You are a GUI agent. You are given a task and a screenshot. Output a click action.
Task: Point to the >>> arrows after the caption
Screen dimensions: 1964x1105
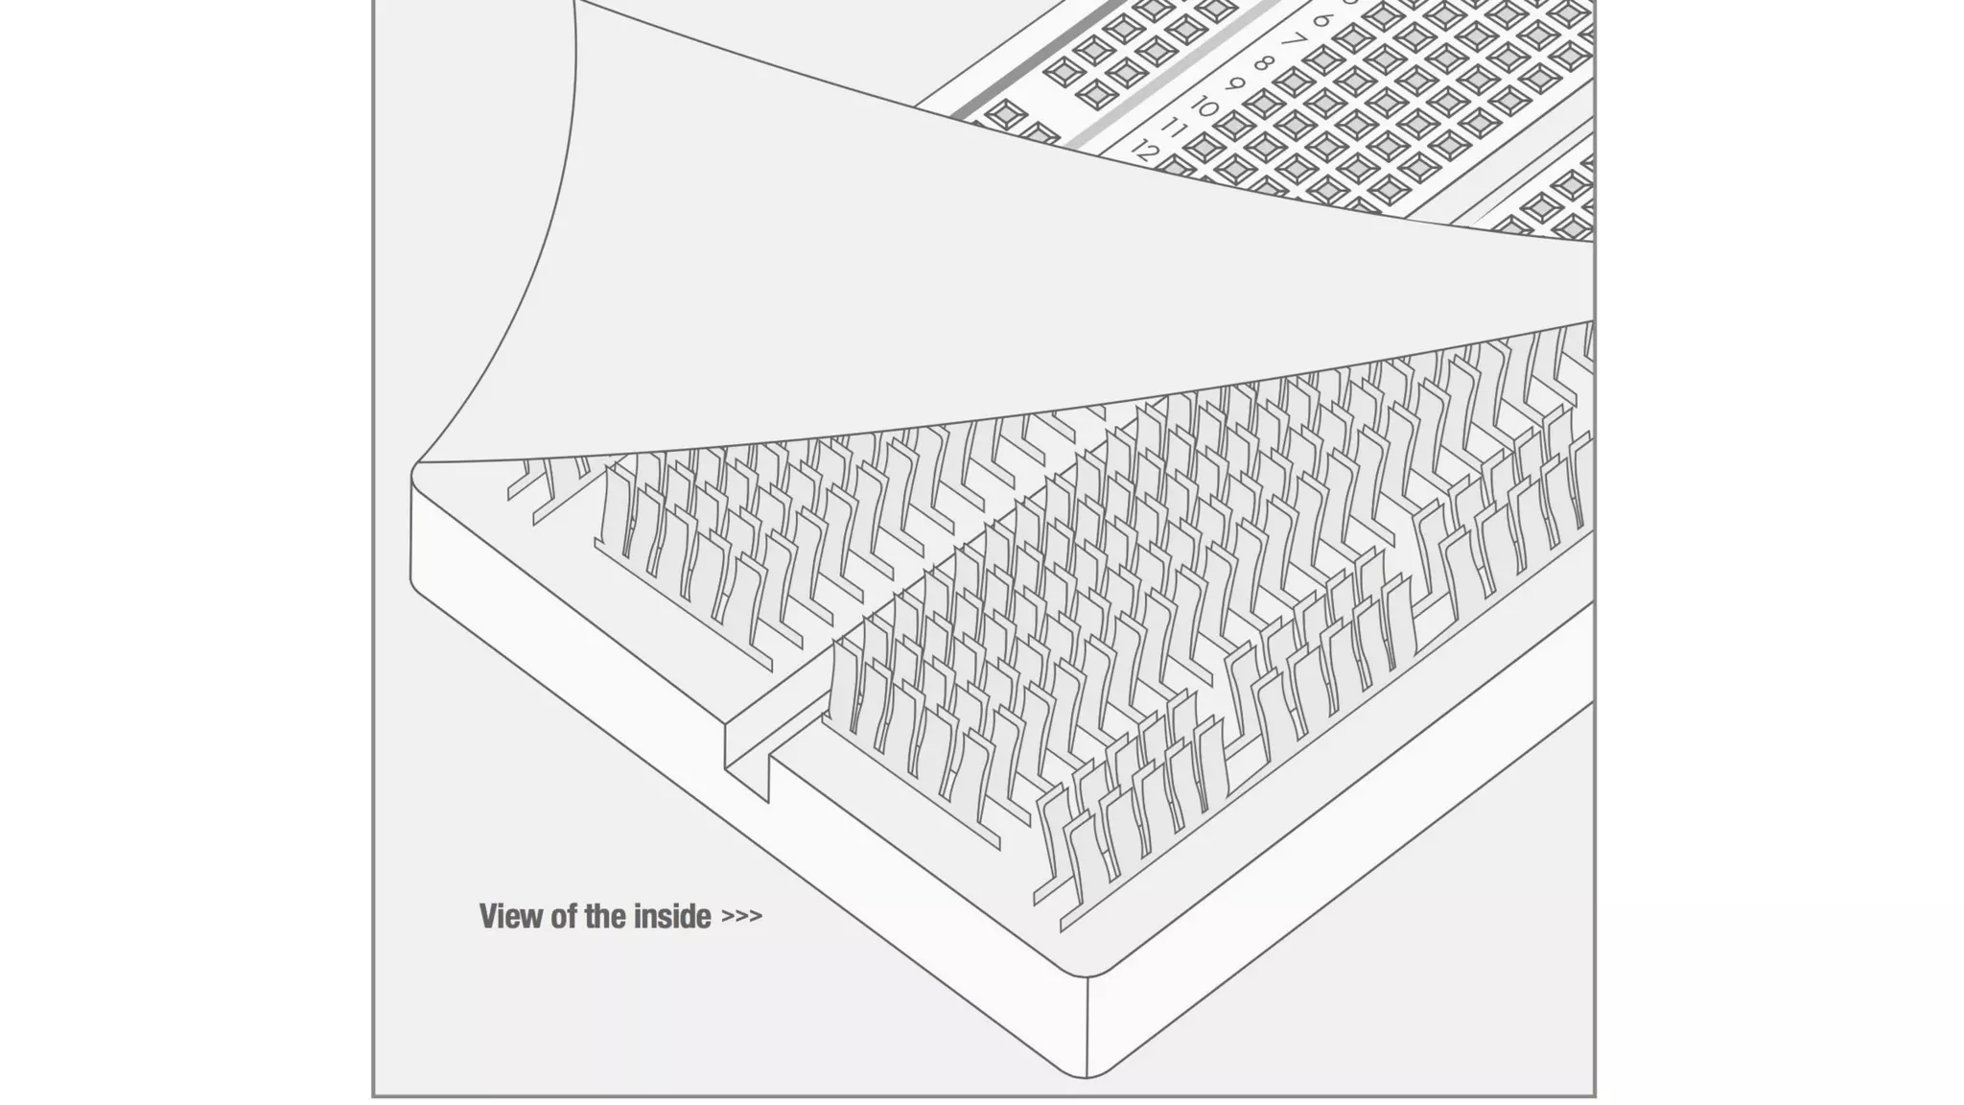741,917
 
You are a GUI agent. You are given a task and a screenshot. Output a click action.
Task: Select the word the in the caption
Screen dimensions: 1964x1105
606,917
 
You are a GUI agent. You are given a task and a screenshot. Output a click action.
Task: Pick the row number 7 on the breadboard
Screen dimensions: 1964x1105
1294,42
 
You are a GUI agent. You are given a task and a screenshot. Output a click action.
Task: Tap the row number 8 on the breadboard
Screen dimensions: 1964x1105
1264,64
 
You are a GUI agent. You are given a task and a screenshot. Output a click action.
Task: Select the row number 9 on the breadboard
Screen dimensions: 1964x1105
1235,85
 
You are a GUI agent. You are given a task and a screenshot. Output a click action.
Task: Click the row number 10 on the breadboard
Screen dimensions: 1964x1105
1204,107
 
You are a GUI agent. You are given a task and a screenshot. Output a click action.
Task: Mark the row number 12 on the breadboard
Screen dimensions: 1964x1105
1144,151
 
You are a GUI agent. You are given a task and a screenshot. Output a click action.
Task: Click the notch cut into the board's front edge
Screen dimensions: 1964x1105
748,758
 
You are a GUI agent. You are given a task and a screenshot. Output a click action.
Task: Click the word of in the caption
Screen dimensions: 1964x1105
565,917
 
